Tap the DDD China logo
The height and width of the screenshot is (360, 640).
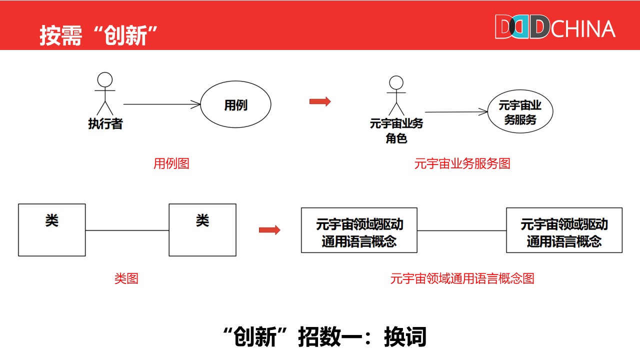(x=554, y=27)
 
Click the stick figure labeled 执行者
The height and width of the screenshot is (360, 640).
(x=105, y=93)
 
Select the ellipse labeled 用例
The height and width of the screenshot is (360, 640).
(x=235, y=105)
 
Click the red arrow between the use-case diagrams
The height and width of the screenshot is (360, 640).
(x=320, y=101)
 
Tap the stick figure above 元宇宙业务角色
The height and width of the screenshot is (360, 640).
(x=396, y=95)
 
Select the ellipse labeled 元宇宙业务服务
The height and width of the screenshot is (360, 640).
(x=520, y=112)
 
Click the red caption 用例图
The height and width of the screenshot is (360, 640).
(x=171, y=163)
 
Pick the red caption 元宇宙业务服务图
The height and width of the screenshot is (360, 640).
(x=462, y=163)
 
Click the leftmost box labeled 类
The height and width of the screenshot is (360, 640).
(x=52, y=230)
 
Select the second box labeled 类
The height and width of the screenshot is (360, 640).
(x=202, y=230)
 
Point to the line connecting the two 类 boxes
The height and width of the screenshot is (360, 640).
(x=127, y=230)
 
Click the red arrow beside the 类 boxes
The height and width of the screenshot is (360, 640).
(x=269, y=230)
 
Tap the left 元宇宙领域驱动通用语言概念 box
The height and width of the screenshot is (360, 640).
(x=359, y=230)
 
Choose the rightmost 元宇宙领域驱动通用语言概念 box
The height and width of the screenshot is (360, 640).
(x=564, y=230)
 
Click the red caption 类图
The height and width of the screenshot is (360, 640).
(x=126, y=278)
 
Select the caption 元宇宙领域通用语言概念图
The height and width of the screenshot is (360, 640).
(x=462, y=278)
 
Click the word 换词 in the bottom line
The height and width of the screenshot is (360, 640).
(x=405, y=337)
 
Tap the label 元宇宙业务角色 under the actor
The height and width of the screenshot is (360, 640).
(x=396, y=130)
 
